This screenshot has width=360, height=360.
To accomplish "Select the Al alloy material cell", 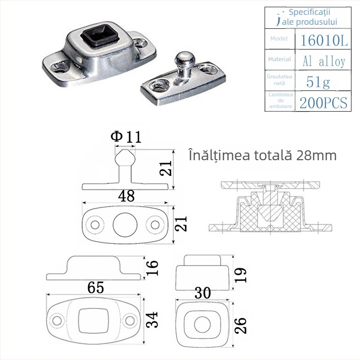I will point(324,62).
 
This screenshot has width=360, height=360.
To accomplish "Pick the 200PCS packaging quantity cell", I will point(323,103).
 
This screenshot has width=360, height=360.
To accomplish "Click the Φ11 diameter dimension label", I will point(126,136).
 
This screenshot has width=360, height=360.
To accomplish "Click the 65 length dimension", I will point(95,287).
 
